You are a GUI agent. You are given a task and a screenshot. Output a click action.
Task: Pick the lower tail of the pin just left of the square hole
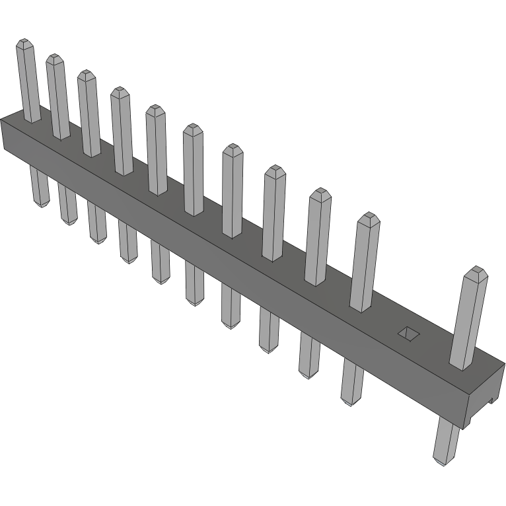[x=352, y=383]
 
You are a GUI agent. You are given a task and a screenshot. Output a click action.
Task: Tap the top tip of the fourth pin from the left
[x=120, y=92]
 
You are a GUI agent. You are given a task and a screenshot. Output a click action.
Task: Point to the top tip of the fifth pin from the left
[x=155, y=110]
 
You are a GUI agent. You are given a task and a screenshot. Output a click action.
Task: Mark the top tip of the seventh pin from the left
[x=233, y=149]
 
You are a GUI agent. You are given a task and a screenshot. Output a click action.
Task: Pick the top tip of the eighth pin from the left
[x=275, y=171]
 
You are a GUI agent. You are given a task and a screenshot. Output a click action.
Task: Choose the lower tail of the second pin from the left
[x=68, y=203]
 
